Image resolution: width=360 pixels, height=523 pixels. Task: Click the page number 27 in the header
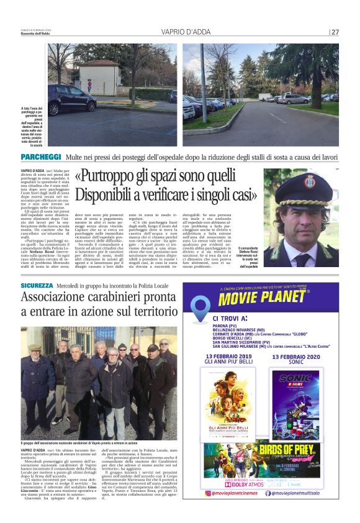coord(335,32)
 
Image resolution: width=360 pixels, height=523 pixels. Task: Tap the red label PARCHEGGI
coord(41,157)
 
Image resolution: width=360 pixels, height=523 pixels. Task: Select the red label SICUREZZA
coord(37,285)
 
